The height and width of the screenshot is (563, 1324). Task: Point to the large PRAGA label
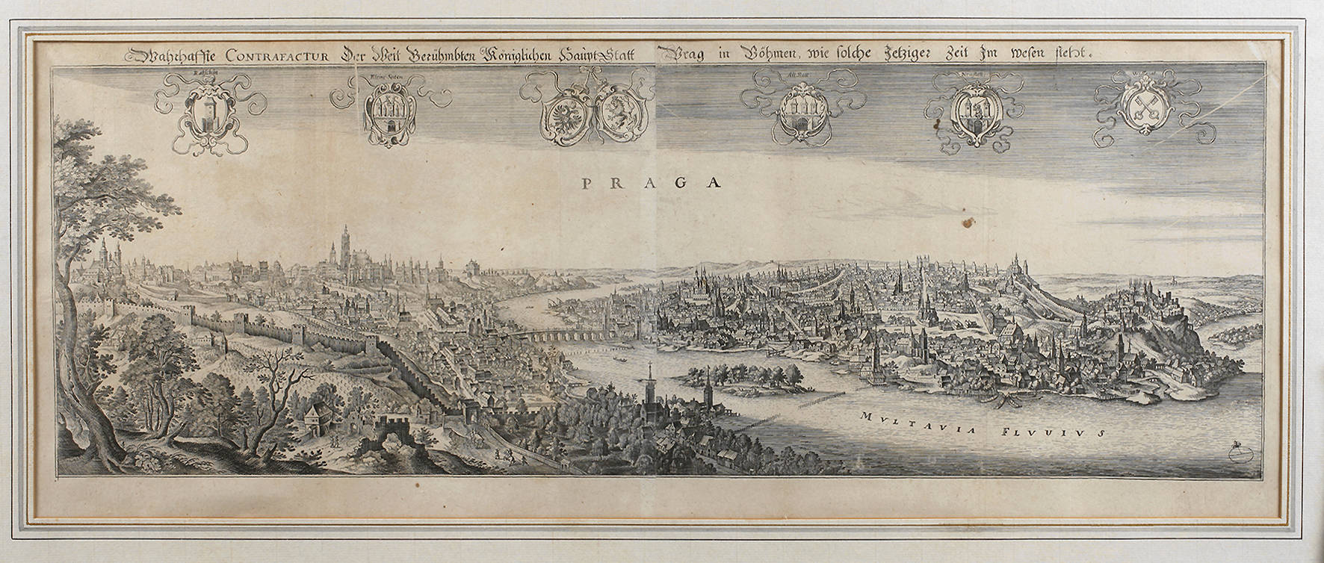point(651,182)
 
